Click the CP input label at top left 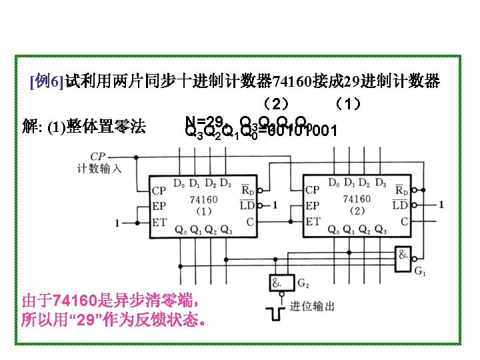pyautogui.click(x=97, y=156)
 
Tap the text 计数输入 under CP pyautogui.click(x=99, y=168)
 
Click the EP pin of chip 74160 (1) pyautogui.click(x=159, y=206)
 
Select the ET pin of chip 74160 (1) pyautogui.click(x=159, y=222)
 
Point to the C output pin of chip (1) pyautogui.click(x=249, y=221)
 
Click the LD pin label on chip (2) pyautogui.click(x=400, y=205)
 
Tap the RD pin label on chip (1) pyautogui.click(x=246, y=190)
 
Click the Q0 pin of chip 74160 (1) pyautogui.click(x=179, y=230)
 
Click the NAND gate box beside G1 pyautogui.click(x=404, y=257)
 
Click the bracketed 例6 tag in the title pyautogui.click(x=47, y=82)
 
